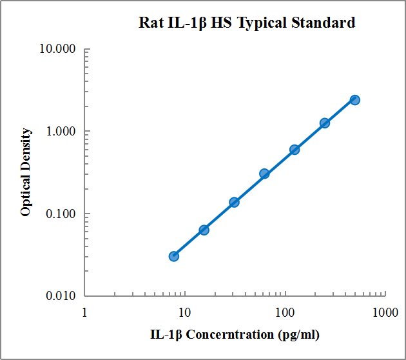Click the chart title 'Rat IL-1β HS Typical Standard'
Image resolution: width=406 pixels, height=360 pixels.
[247, 23]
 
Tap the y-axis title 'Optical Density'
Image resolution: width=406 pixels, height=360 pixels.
[26, 172]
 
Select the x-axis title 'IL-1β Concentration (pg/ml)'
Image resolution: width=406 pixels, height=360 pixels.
[235, 334]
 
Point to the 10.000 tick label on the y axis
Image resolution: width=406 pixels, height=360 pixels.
[57, 49]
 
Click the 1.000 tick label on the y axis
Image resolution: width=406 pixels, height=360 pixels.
[60, 132]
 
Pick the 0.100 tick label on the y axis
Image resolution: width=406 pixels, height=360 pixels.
[60, 214]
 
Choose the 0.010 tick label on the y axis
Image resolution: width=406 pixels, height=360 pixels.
[60, 296]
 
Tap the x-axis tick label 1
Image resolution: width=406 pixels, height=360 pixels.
[85, 313]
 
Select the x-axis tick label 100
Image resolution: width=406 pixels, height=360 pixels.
[285, 313]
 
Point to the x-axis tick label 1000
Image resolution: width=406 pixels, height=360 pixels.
[385, 313]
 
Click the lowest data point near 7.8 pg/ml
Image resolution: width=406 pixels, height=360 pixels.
[174, 256]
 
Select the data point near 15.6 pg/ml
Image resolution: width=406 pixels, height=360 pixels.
[204, 230]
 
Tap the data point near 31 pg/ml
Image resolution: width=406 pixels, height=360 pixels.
[234, 202]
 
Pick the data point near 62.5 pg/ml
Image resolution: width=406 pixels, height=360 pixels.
[264, 174]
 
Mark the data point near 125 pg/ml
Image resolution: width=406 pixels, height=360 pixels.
[295, 150]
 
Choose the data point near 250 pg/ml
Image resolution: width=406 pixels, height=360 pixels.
[325, 123]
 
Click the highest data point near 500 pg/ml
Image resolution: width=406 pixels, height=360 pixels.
[354, 100]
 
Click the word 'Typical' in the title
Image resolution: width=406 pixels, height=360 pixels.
[264, 23]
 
